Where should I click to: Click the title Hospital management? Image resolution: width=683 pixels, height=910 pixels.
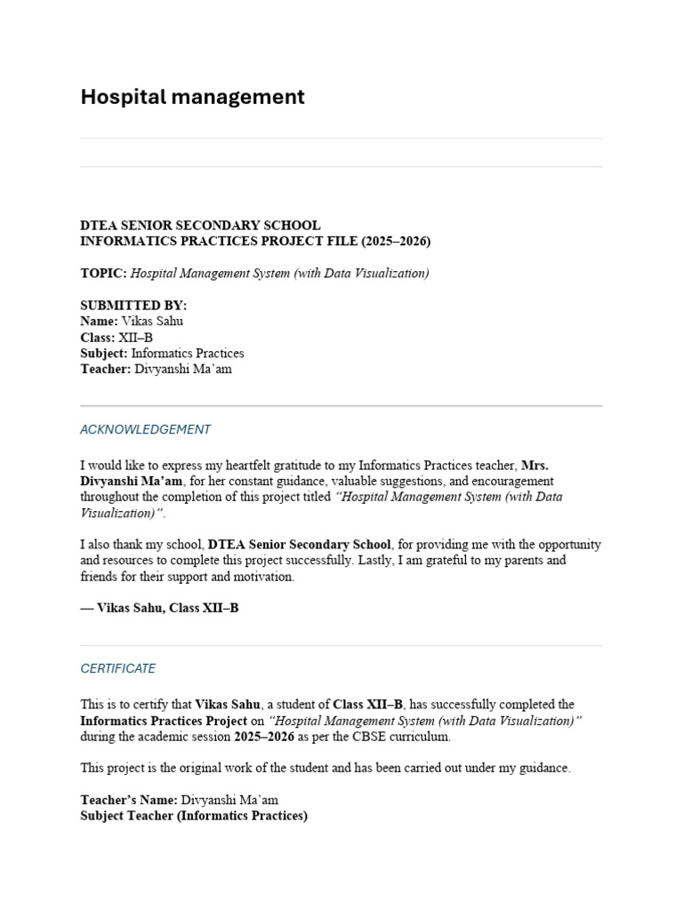pos(192,97)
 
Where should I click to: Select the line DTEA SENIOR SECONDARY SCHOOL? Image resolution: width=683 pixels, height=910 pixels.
pos(200,226)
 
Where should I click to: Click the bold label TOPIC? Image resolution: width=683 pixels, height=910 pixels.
pos(103,274)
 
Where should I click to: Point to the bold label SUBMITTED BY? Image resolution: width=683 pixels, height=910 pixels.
pos(133,306)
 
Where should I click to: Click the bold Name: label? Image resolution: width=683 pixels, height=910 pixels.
pos(99,322)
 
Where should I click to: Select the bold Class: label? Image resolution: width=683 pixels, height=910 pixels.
pos(98,338)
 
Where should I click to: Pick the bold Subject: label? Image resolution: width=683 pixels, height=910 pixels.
pos(104,354)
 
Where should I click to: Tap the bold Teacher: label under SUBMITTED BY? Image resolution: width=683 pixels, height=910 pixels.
pos(105,370)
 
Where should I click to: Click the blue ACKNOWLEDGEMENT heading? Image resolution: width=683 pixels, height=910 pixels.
pos(145,429)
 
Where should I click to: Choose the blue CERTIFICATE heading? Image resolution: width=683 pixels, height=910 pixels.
pos(117,668)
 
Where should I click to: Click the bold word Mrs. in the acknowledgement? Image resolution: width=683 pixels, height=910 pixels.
pos(534,465)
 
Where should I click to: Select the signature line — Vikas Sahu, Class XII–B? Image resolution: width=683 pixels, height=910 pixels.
pos(159,609)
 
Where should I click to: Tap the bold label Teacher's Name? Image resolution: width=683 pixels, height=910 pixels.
pos(129,800)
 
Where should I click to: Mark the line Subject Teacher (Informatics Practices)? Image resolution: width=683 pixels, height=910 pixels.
pos(194,816)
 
